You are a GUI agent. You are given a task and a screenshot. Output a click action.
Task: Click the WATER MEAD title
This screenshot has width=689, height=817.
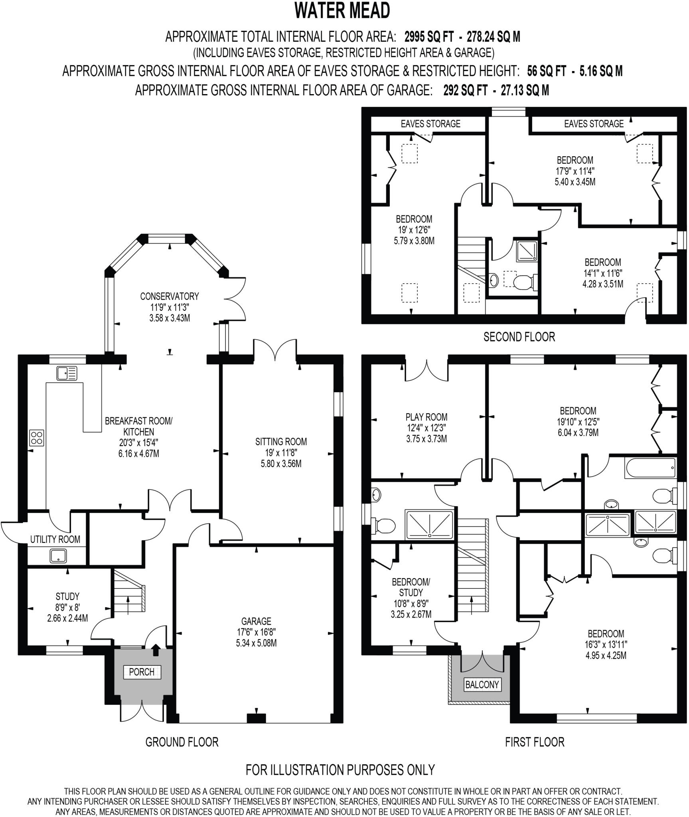[342, 11]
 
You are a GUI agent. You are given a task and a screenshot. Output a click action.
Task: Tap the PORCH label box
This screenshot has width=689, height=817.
[142, 672]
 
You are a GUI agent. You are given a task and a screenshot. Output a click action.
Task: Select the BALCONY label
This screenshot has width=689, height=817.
[482, 685]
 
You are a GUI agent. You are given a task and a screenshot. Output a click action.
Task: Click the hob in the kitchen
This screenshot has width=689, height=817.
[37, 438]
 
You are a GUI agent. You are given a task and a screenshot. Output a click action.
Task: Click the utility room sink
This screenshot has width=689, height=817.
[58, 556]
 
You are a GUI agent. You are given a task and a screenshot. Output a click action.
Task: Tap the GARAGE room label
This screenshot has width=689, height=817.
[256, 621]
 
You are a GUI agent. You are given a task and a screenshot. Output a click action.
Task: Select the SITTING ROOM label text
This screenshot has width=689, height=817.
[281, 442]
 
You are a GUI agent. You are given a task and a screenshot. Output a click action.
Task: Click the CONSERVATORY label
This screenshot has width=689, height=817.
[169, 296]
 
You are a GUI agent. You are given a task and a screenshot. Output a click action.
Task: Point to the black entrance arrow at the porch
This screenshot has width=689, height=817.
[156, 651]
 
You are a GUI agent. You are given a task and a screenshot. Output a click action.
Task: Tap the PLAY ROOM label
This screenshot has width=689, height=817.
[426, 417]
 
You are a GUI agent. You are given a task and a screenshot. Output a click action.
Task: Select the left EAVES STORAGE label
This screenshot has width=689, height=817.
[430, 124]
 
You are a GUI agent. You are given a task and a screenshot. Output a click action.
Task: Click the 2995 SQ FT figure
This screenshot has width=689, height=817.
[429, 37]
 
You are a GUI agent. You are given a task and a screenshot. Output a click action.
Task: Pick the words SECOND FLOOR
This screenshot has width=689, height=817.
[519, 337]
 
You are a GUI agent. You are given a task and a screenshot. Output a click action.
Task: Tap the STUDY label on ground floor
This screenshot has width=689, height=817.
[67, 596]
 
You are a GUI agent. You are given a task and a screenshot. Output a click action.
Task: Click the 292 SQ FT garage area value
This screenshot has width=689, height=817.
[465, 91]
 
